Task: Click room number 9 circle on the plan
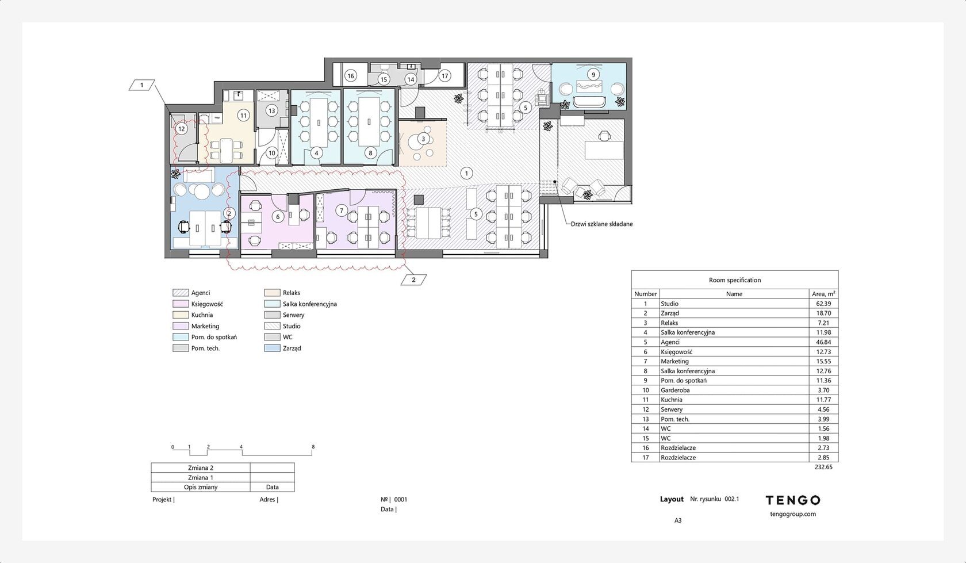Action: coord(593,75)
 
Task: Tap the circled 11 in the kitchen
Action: coord(244,115)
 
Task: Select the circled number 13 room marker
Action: coord(271,111)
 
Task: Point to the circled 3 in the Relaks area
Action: coord(423,139)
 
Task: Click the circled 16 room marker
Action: coord(351,76)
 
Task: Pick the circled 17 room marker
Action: coord(444,76)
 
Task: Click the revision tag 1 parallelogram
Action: coord(141,85)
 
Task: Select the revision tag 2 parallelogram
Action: coord(413,279)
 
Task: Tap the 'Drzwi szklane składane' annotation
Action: coord(601,224)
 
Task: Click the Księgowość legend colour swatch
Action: coord(181,304)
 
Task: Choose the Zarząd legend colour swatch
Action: coord(272,348)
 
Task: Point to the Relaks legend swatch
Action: coord(272,293)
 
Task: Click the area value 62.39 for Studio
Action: coord(823,304)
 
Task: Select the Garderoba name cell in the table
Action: coord(675,390)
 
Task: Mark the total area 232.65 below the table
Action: coord(823,467)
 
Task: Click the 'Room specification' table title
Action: coord(735,280)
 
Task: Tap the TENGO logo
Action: coord(792,500)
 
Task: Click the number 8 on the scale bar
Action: coord(313,447)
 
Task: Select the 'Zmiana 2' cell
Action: coord(201,468)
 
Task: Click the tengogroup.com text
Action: coord(792,514)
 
